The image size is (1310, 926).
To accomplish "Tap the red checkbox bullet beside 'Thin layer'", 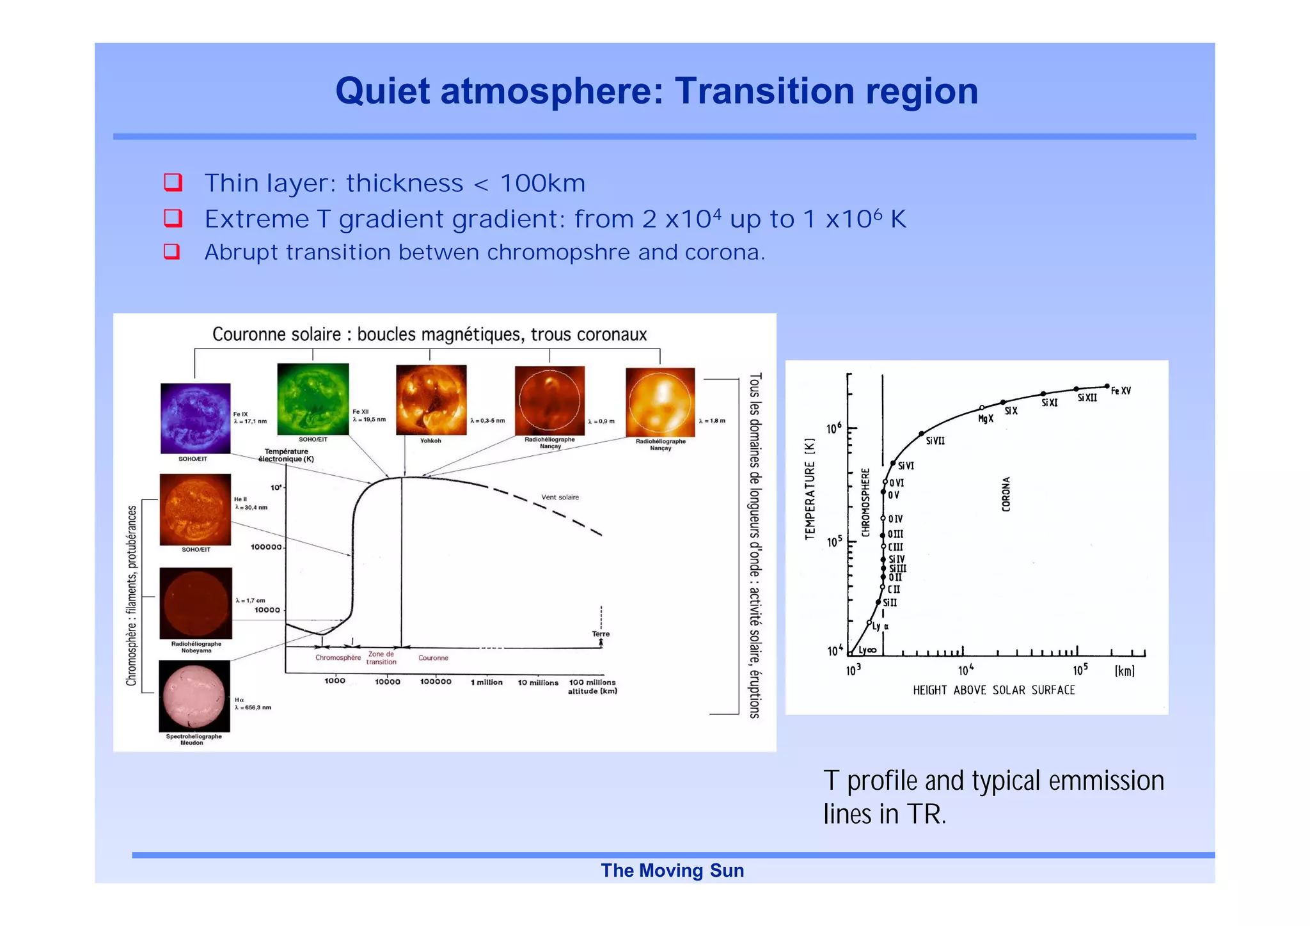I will pyautogui.click(x=173, y=183).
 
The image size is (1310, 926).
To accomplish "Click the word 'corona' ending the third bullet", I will pyautogui.click(x=723, y=253).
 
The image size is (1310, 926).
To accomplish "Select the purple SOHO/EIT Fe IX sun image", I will pyautogui.click(x=195, y=418).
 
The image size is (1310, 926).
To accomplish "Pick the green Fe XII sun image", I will pyautogui.click(x=313, y=399).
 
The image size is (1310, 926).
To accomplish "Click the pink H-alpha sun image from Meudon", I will pyautogui.click(x=194, y=695).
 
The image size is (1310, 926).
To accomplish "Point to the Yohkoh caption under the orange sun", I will pyautogui.click(x=430, y=441).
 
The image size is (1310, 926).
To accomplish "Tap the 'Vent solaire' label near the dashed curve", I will pyautogui.click(x=560, y=497).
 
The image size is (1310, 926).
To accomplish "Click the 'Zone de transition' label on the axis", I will pyautogui.click(x=381, y=658).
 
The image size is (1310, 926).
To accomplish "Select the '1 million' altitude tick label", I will pyautogui.click(x=486, y=682).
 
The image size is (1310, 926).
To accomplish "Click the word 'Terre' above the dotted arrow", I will pyautogui.click(x=601, y=634).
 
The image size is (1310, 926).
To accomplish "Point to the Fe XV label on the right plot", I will pyautogui.click(x=1121, y=391).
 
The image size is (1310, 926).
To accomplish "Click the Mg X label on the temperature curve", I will pyautogui.click(x=986, y=419).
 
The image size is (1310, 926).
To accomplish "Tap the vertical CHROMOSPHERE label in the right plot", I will pyautogui.click(x=865, y=503).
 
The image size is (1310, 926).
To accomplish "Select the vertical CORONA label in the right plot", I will pyautogui.click(x=1006, y=494).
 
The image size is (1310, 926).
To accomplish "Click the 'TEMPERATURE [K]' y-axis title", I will pyautogui.click(x=810, y=489).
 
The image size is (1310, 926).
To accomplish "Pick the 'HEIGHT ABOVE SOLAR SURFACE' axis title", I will pyautogui.click(x=993, y=690).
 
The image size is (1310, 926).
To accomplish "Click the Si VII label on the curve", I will pyautogui.click(x=935, y=441).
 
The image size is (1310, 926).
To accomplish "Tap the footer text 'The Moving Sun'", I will pyautogui.click(x=672, y=870).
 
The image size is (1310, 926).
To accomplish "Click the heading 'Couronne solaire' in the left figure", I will pyautogui.click(x=276, y=334).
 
